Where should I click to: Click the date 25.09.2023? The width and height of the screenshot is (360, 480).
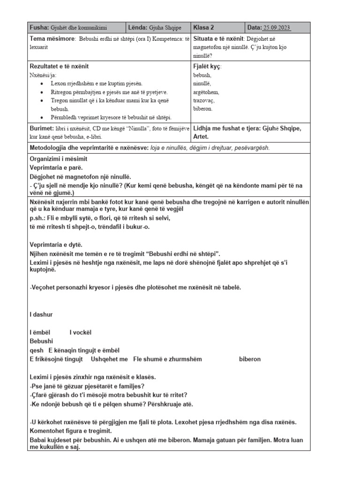point(277,28)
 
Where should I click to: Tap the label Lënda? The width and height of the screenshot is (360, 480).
point(139,28)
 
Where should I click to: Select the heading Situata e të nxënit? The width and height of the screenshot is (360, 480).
point(217,39)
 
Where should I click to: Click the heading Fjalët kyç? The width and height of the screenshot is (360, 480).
point(207,67)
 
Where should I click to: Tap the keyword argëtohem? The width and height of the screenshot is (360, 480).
point(206,92)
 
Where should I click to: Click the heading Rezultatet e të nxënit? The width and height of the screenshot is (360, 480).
point(59,67)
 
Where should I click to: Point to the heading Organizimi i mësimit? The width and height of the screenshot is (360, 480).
point(59,159)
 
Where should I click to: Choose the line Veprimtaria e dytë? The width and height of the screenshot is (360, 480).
point(56,244)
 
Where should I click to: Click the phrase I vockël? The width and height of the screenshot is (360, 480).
point(80,332)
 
